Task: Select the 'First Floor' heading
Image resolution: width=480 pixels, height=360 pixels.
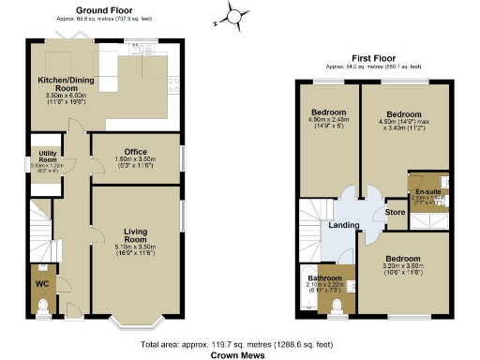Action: click(373, 58)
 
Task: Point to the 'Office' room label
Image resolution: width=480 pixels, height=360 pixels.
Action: click(136, 151)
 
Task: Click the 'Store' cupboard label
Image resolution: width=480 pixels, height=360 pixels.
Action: click(396, 212)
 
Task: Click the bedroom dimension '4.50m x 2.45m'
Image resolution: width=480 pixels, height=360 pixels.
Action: click(329, 119)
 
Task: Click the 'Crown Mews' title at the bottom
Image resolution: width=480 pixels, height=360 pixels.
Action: click(239, 355)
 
